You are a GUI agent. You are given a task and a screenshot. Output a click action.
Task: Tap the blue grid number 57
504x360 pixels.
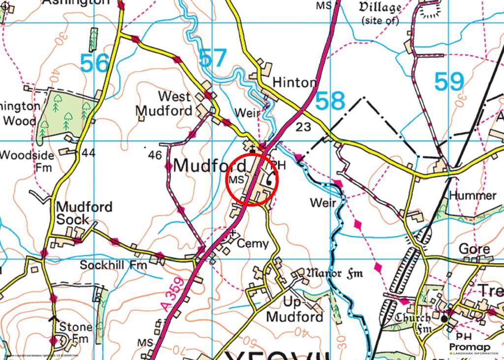[213, 59]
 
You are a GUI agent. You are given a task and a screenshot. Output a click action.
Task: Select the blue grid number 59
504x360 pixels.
[449, 82]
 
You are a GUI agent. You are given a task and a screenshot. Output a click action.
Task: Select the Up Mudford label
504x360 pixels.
[294, 309]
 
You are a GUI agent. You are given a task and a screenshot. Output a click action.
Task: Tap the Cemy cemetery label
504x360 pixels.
[253, 243]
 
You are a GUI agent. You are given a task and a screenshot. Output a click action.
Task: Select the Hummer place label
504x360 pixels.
[473, 196]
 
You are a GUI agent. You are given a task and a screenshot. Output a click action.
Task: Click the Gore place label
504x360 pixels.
[474, 249]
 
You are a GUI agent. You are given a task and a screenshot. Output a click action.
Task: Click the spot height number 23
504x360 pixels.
[304, 127]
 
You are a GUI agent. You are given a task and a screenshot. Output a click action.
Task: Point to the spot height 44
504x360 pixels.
[89, 153]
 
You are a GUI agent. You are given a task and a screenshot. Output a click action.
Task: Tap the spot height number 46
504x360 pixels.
[155, 155]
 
